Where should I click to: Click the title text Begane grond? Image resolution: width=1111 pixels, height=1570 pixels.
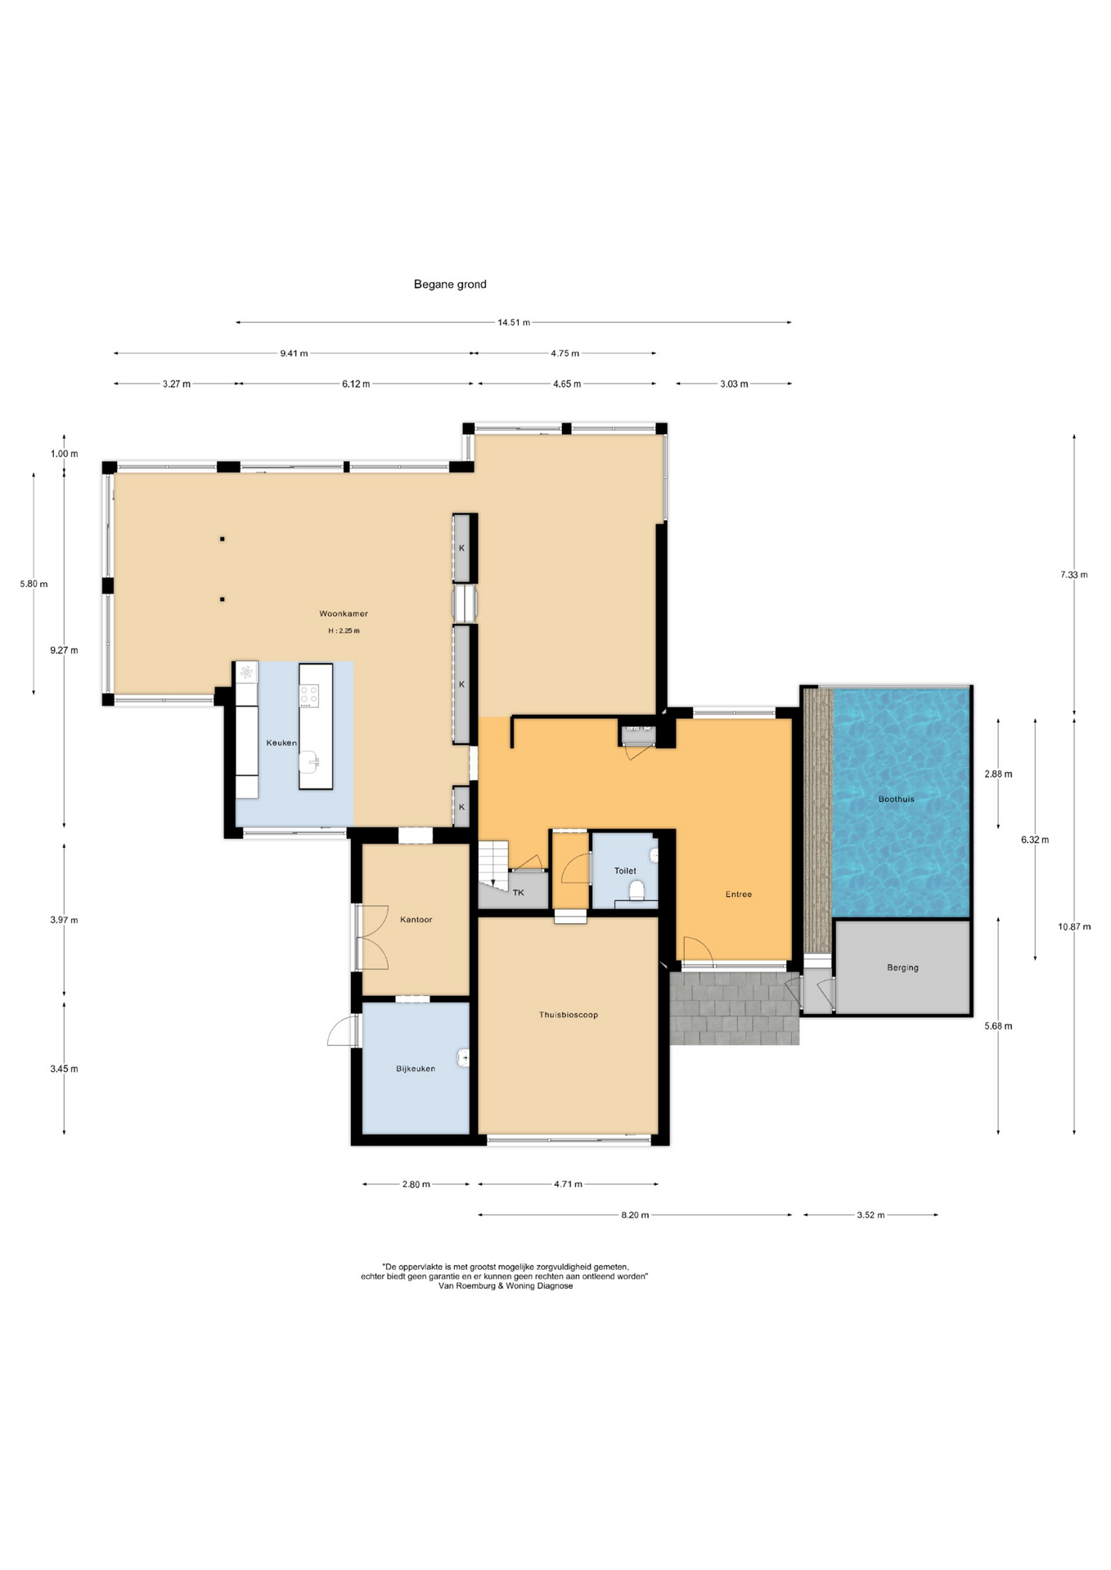(x=450, y=285)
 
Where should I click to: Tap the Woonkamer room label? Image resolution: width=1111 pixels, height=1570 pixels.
(x=344, y=613)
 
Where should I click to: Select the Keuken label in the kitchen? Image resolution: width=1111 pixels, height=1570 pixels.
(x=281, y=742)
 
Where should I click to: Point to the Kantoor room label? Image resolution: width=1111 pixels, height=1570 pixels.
(x=416, y=919)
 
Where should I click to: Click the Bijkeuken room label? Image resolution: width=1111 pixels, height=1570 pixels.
(x=416, y=1068)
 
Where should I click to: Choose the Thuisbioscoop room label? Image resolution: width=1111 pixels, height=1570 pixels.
(x=569, y=1015)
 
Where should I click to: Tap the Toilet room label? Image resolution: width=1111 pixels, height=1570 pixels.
(x=625, y=871)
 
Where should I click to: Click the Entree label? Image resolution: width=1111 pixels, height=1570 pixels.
(x=739, y=894)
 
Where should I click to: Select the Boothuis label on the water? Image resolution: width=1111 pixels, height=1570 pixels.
(x=897, y=799)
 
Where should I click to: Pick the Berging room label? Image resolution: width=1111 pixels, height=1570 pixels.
(x=903, y=967)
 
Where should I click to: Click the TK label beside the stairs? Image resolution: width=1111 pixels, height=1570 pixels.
(x=518, y=892)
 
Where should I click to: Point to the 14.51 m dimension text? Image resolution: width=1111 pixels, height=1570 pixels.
(x=514, y=322)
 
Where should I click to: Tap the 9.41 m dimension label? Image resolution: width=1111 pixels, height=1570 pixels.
(x=294, y=353)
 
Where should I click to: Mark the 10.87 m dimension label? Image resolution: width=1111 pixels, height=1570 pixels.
(x=1074, y=926)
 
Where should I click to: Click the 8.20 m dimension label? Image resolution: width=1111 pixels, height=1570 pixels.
(x=635, y=1215)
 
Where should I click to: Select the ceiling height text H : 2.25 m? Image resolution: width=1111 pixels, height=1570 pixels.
(x=344, y=631)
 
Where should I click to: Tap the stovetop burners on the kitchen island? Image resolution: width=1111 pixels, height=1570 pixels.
(x=309, y=696)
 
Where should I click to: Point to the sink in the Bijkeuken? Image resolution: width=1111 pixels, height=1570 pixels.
(x=464, y=1057)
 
